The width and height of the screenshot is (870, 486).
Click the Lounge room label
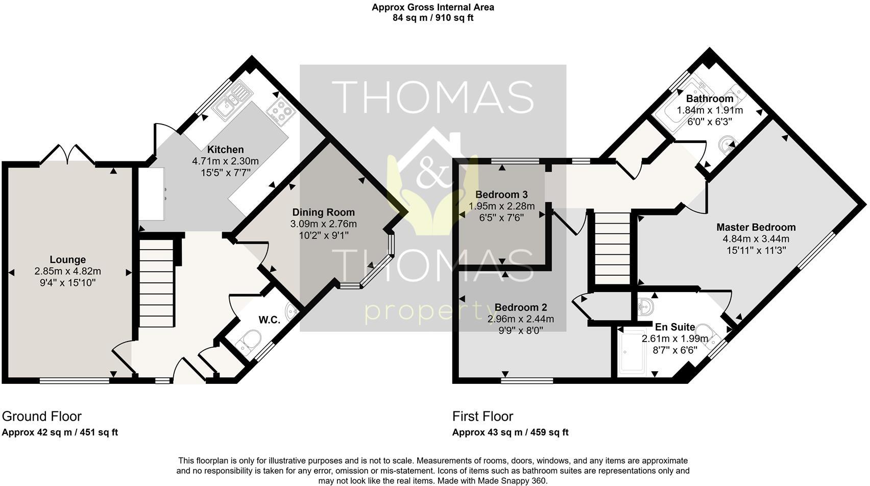tap(67, 260)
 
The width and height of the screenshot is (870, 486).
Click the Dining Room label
tap(323, 212)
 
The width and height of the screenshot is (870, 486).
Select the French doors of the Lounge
tap(67, 154)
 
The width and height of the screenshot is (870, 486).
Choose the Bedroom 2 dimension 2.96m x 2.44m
tap(520, 319)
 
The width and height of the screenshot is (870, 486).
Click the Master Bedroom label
tap(756, 227)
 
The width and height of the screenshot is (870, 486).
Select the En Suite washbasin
tap(647, 306)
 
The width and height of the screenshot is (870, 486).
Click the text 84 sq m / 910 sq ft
tap(432, 18)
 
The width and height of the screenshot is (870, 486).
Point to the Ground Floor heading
tap(42, 416)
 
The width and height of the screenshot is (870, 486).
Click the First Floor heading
tap(482, 416)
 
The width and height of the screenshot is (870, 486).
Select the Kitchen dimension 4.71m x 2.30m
tap(225, 161)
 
